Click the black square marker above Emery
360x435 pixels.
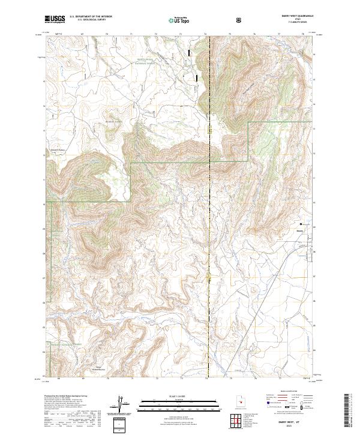click(x=300, y=223)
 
